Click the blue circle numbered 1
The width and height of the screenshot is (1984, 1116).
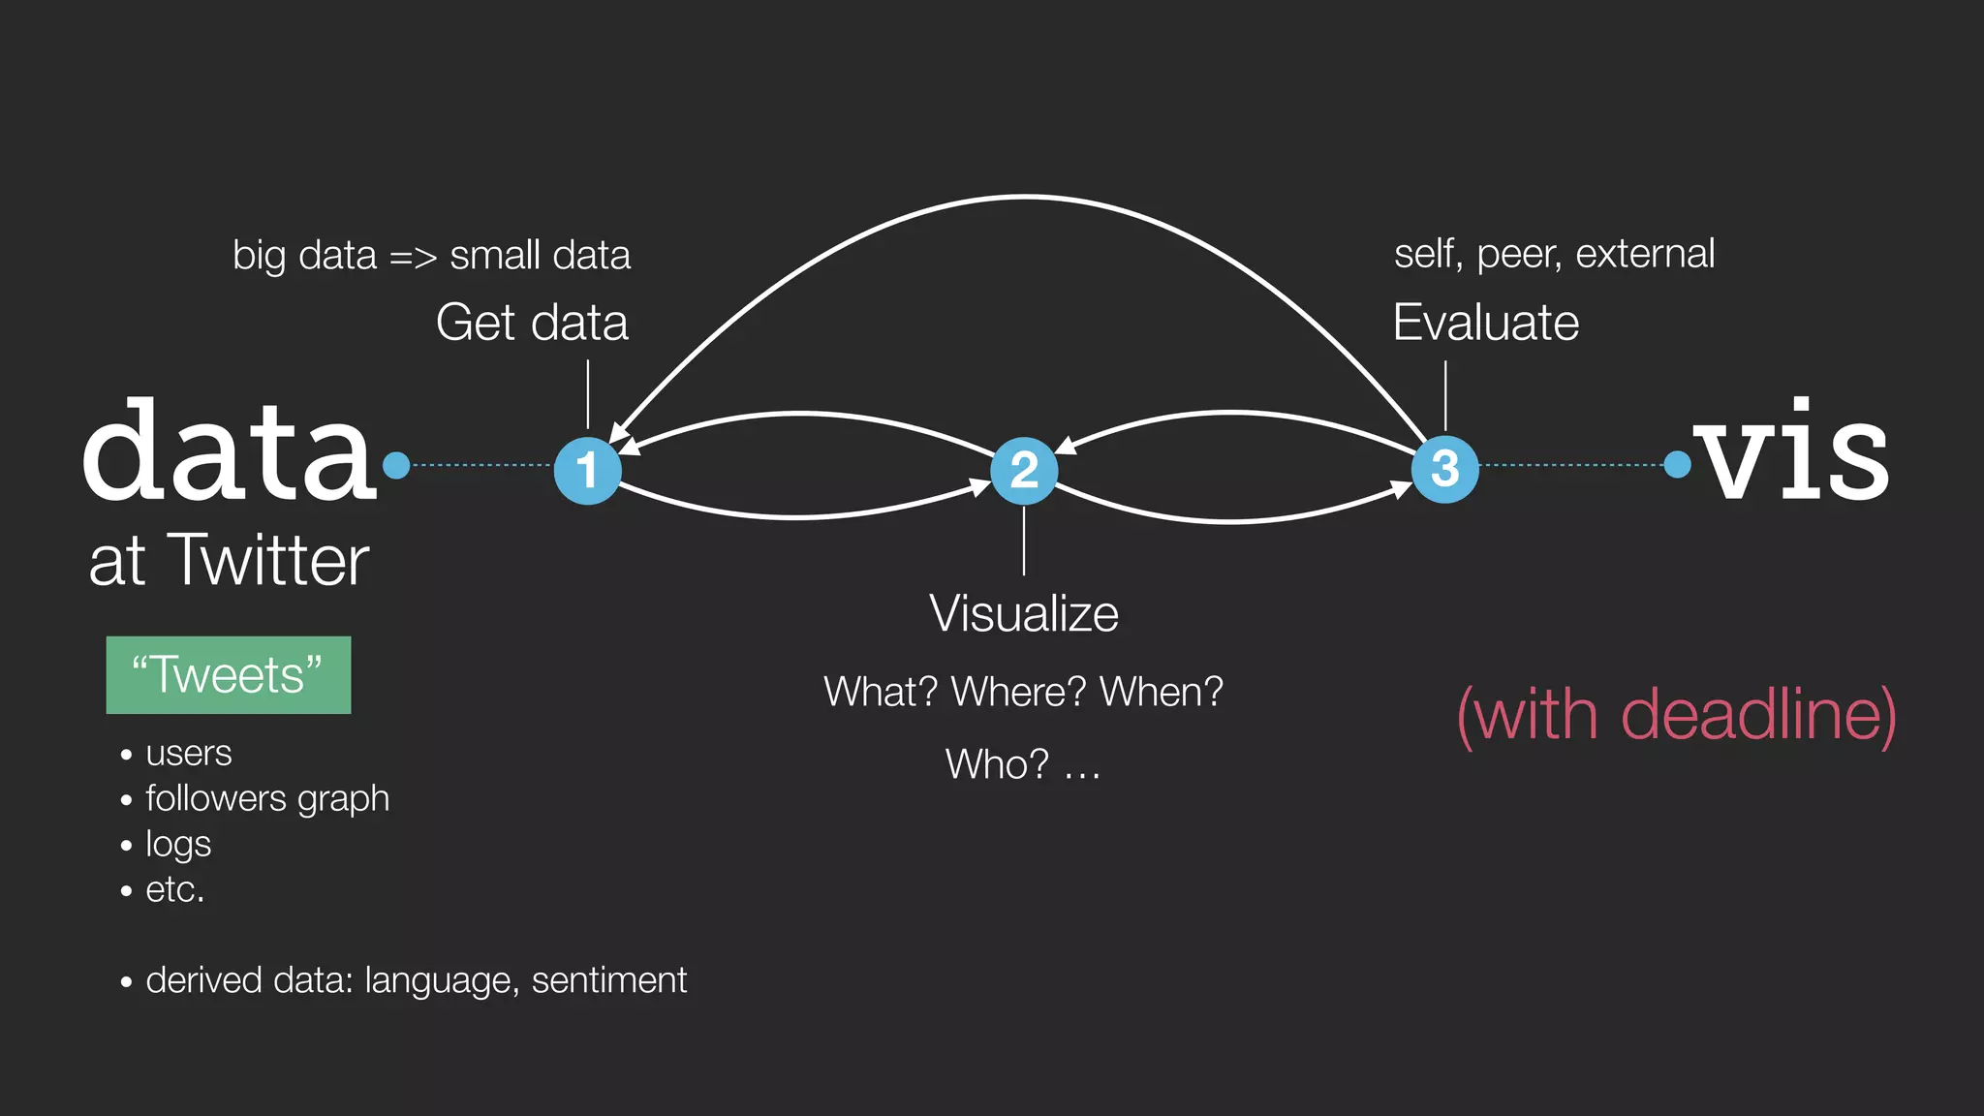pyautogui.click(x=587, y=471)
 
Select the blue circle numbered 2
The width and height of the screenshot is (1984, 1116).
pyautogui.click(x=1024, y=471)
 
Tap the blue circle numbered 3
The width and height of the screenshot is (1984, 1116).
pyautogui.click(x=1444, y=469)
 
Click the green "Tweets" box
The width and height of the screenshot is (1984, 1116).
pyautogui.click(x=229, y=675)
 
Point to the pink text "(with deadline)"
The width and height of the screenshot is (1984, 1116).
pyautogui.click(x=1676, y=715)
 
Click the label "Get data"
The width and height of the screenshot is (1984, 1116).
pyautogui.click(x=532, y=323)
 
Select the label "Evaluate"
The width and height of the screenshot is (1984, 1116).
pyautogui.click(x=1485, y=323)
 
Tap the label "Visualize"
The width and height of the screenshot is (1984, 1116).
pyautogui.click(x=1024, y=614)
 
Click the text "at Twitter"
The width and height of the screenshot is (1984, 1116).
pyautogui.click(x=229, y=561)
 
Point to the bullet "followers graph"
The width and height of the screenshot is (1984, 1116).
pyautogui.click(x=266, y=798)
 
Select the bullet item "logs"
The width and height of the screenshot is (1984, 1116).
pyautogui.click(x=178, y=844)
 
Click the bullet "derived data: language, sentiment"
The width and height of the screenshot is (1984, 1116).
pyautogui.click(x=416, y=980)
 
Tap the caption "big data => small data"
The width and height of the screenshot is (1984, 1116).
pyautogui.click(x=431, y=256)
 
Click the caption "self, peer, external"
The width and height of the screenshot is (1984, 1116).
pyautogui.click(x=1554, y=254)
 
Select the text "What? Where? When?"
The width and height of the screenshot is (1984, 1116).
pyautogui.click(x=1023, y=692)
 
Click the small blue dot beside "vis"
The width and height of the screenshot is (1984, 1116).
pyautogui.click(x=1677, y=465)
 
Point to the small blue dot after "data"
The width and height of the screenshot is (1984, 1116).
pyautogui.click(x=396, y=466)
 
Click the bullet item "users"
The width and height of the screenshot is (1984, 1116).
pyautogui.click(x=188, y=753)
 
